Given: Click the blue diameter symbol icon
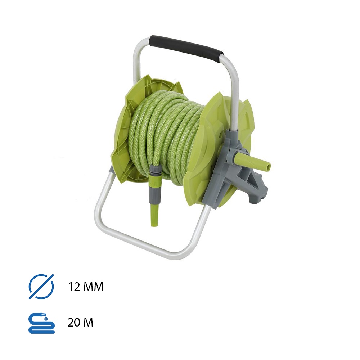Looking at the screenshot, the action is [x=41, y=287].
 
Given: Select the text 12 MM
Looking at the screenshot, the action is [x=86, y=287].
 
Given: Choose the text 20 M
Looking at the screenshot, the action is [x=80, y=322].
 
